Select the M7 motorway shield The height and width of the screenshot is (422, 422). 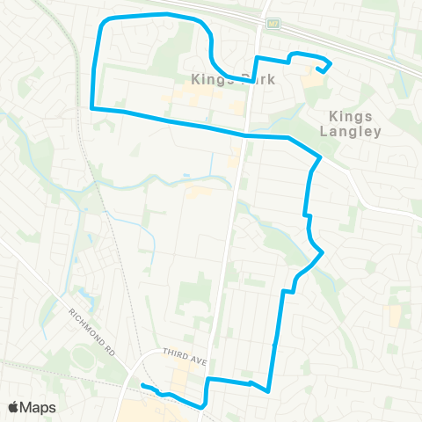[x=273, y=24]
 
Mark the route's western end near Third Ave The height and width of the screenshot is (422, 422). [x=142, y=386]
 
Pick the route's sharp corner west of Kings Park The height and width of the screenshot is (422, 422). [x=91, y=108]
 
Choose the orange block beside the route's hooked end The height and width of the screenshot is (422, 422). [x=312, y=80]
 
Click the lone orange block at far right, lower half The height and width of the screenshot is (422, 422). [x=396, y=316]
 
